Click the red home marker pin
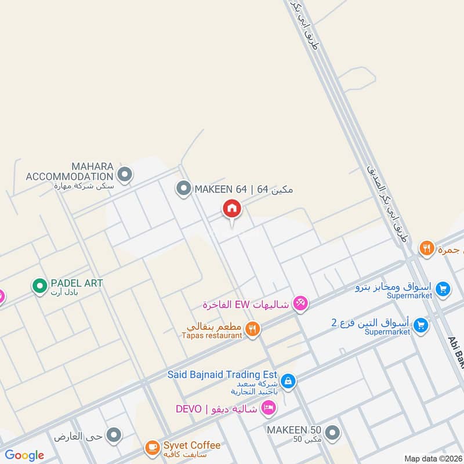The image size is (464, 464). pos(231,208)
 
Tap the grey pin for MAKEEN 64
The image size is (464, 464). pos(183,188)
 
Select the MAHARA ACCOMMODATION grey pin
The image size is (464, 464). pos(125,173)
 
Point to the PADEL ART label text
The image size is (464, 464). pos(77,283)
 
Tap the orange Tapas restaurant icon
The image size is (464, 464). pos(252,329)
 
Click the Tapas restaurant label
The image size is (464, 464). pos(212,335)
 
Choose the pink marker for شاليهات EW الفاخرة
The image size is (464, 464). pos(300,302)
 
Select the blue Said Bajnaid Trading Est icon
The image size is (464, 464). pos(288,381)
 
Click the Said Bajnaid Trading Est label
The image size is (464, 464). pos(223,375)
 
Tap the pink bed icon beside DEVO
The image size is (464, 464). pos(268,408)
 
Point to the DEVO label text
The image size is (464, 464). pos(189,409)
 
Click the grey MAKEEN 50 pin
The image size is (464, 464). pos(332,432)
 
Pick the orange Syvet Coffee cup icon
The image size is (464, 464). pos(152,447)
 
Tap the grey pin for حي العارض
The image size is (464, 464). pos(115,434)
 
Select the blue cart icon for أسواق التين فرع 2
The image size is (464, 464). pos(421,325)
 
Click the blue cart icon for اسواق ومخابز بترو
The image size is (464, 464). pos(443,288)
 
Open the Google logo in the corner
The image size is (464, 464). pos(24,455)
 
